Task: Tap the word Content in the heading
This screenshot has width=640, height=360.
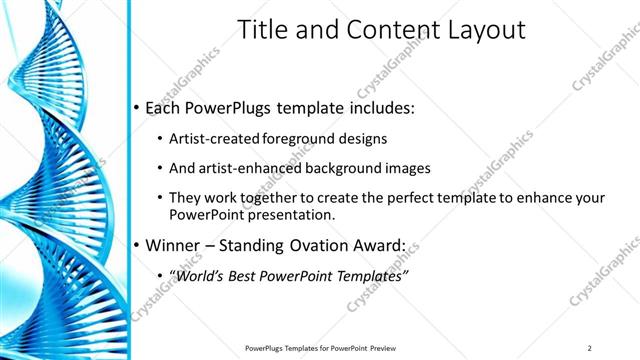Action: (x=385, y=30)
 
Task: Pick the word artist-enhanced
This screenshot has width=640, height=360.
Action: (x=252, y=168)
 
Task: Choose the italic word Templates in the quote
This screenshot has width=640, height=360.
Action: (x=369, y=275)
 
